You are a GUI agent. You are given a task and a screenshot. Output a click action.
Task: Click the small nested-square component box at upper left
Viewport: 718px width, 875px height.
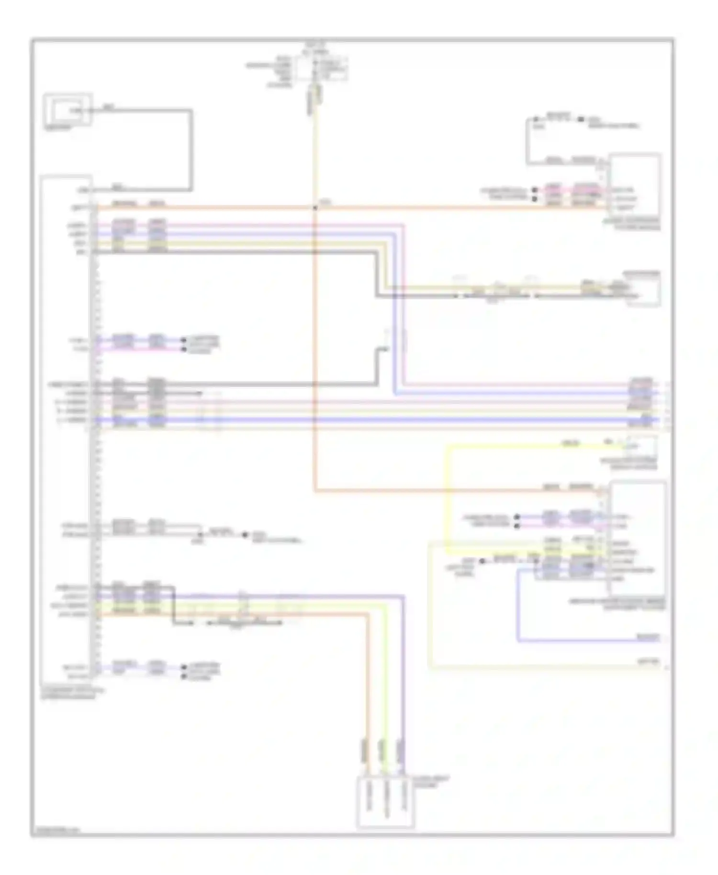[67, 110]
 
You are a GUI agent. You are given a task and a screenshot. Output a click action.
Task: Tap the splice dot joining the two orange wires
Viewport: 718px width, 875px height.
[315, 208]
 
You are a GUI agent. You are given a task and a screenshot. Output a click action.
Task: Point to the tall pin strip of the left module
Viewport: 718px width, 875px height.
[94, 431]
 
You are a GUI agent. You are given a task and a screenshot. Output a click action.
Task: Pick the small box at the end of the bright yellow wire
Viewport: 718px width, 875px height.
[642, 446]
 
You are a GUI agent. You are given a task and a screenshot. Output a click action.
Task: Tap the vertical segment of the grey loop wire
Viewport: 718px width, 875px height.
[191, 149]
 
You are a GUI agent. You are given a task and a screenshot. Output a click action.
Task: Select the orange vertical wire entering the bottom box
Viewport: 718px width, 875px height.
[368, 694]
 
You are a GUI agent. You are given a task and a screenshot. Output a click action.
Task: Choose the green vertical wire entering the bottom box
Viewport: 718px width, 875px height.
[386, 694]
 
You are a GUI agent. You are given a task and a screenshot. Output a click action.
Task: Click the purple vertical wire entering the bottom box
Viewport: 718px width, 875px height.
[404, 694]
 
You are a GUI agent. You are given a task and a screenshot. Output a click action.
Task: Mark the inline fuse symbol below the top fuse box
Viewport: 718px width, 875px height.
[315, 94]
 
